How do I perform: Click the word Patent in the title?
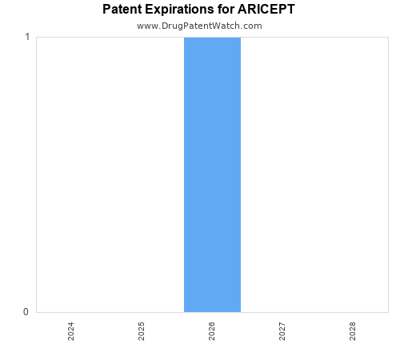point(122,10)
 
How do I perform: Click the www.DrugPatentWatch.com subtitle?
point(199,26)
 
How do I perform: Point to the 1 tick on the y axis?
point(27,37)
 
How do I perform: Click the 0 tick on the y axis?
point(27,312)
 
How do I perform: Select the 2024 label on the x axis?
point(71,331)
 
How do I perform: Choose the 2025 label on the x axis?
point(142,331)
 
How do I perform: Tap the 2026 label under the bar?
point(212,331)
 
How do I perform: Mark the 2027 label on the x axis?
point(282,331)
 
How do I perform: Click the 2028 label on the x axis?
point(353,331)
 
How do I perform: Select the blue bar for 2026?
point(212,174)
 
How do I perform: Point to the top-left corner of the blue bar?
point(184,38)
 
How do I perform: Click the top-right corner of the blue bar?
point(240,38)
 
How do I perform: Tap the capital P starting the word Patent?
point(107,10)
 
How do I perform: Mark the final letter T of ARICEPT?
point(291,10)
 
